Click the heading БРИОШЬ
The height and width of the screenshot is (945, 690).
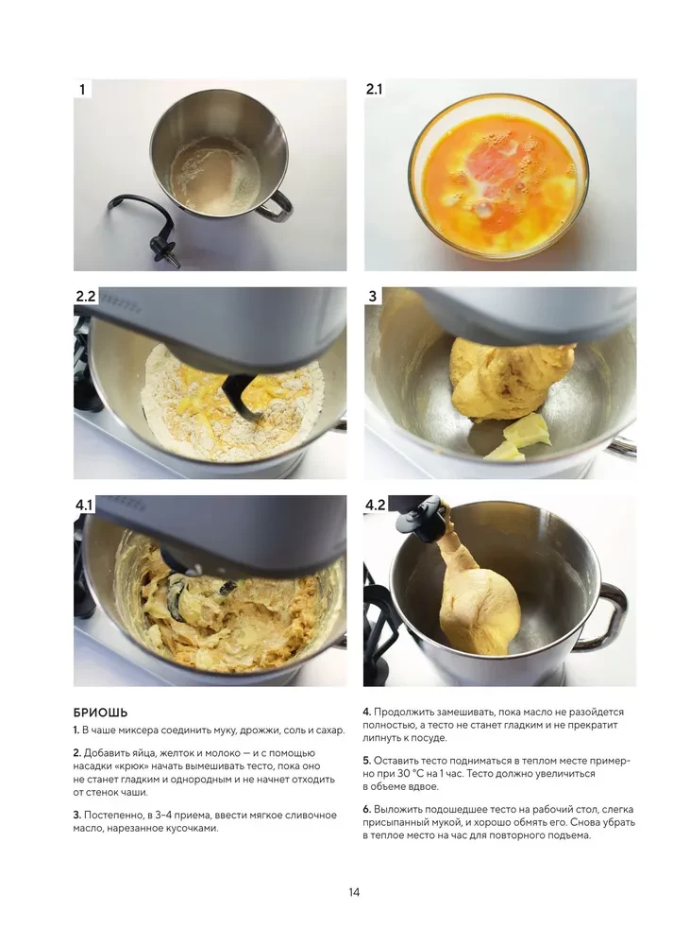coord(100,712)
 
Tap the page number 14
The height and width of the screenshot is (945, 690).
coord(353,892)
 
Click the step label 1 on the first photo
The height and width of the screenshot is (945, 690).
coord(82,90)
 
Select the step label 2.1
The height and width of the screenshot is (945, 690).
coord(375,90)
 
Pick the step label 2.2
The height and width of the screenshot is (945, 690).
coord(86,297)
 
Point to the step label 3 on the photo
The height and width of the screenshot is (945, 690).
coord(373,297)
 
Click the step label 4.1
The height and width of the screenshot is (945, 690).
coord(85,506)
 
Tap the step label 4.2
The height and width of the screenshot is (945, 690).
coord(376,506)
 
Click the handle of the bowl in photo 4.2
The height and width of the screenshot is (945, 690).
coord(611,614)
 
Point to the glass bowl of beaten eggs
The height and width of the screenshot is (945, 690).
coord(497,184)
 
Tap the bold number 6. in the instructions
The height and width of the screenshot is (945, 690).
coord(367,809)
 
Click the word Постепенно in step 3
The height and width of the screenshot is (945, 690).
coord(115,815)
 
